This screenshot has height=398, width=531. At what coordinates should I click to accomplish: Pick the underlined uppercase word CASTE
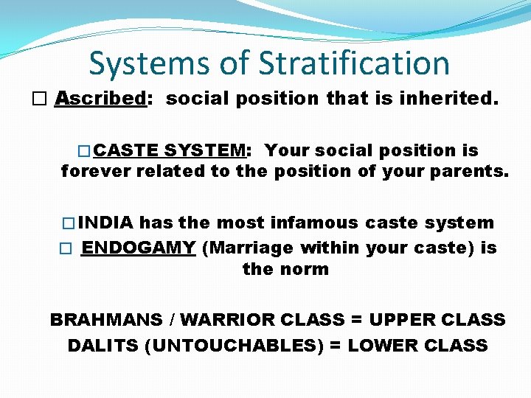(x=126, y=150)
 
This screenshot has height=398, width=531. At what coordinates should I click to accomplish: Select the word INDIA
(x=106, y=223)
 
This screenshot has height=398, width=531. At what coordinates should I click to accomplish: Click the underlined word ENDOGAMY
(x=139, y=247)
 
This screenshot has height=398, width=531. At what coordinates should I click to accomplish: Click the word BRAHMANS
(x=105, y=320)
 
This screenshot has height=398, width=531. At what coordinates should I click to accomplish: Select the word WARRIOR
(x=225, y=320)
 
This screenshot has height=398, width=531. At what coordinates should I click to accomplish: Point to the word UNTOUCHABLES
(x=233, y=345)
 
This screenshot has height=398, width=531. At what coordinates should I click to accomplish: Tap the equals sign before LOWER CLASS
(x=335, y=345)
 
